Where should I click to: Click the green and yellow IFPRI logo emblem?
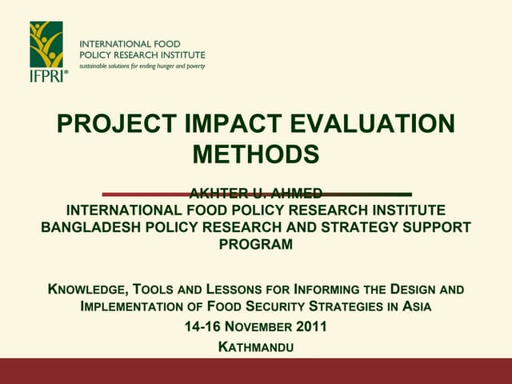46,45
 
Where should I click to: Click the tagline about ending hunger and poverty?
142,66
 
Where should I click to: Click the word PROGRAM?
256,244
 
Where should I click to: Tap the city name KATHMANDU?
256,347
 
